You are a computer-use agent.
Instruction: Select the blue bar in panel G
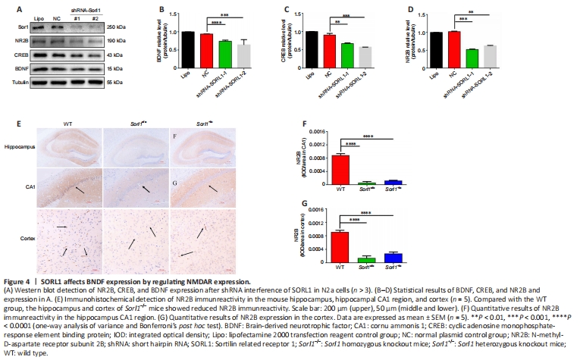click(x=393, y=258)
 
